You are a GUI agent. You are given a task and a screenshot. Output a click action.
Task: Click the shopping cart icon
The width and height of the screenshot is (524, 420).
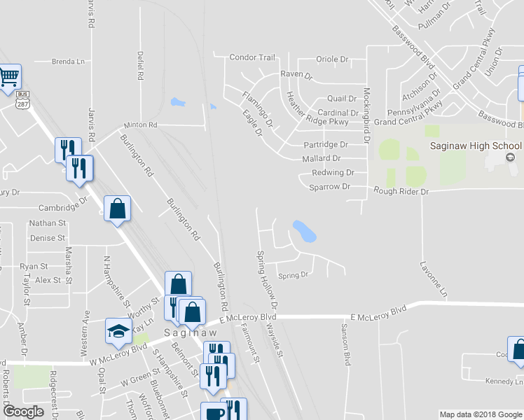[x=9, y=76]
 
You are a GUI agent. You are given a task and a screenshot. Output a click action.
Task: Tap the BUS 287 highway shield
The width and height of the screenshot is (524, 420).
[x=23, y=100]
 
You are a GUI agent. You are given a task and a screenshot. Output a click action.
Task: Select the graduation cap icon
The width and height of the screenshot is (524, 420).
[x=118, y=330]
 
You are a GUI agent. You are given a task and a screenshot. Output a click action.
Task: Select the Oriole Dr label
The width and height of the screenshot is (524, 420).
[x=332, y=59]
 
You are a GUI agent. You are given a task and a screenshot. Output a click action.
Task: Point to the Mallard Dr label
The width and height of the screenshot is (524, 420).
[x=322, y=159]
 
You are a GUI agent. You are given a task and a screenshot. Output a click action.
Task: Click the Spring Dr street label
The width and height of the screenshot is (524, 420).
[x=294, y=275]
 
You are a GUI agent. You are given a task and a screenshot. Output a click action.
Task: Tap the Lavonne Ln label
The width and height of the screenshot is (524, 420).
[x=433, y=279]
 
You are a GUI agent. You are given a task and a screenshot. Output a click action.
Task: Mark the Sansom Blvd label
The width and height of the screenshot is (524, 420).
[x=345, y=344]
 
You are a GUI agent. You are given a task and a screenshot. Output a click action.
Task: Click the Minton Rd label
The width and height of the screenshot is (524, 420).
[x=141, y=125]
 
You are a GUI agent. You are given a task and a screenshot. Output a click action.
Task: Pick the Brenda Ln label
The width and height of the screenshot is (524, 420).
[x=68, y=62]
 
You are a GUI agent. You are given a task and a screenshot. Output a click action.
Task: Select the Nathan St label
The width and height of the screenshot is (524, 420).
[x=47, y=223]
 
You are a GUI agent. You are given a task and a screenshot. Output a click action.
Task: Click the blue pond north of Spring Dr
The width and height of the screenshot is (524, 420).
[x=303, y=231]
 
